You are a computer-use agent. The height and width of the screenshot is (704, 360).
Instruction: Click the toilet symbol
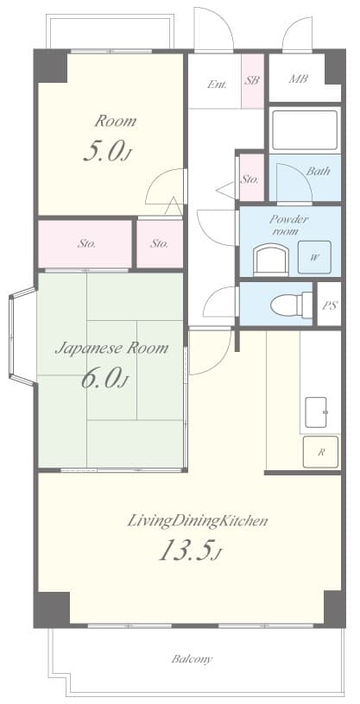pyautogui.click(x=291, y=305)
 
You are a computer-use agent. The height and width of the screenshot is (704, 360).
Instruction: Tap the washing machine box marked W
pyautogui.click(x=314, y=257)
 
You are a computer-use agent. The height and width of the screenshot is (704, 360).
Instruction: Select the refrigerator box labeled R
pyautogui.click(x=320, y=452)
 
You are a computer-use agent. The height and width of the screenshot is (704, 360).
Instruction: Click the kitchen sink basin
pyautogui.click(x=317, y=412)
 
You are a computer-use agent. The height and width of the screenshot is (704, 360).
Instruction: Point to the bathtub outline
pyautogui.click(x=305, y=130)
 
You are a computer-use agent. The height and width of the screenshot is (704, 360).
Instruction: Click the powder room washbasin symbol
pyautogui.click(x=271, y=260)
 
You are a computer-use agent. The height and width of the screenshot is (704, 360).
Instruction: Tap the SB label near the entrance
pyautogui.click(x=252, y=80)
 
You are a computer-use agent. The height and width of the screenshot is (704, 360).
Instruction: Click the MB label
pyautogui.click(x=298, y=79)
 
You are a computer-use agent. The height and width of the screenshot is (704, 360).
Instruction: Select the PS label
pyautogui.click(x=330, y=305)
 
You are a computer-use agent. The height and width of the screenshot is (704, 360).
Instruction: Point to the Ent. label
pyautogui.click(x=217, y=84)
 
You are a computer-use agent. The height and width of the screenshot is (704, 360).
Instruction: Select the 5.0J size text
pyautogui.click(x=107, y=151)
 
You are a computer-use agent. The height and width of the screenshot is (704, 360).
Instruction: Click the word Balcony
pyautogui.click(x=192, y=659)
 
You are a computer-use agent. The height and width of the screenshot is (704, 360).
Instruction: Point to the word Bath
pyautogui.click(x=319, y=171)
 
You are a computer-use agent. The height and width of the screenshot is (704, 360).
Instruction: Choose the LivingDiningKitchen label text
pyautogui.click(x=198, y=521)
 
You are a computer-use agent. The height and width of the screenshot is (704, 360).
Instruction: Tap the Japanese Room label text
pyautogui.click(x=112, y=348)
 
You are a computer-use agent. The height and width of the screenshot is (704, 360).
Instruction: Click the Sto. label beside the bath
pyautogui.click(x=249, y=179)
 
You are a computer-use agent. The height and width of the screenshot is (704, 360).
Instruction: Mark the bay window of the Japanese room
pyautogui.click(x=22, y=336)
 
